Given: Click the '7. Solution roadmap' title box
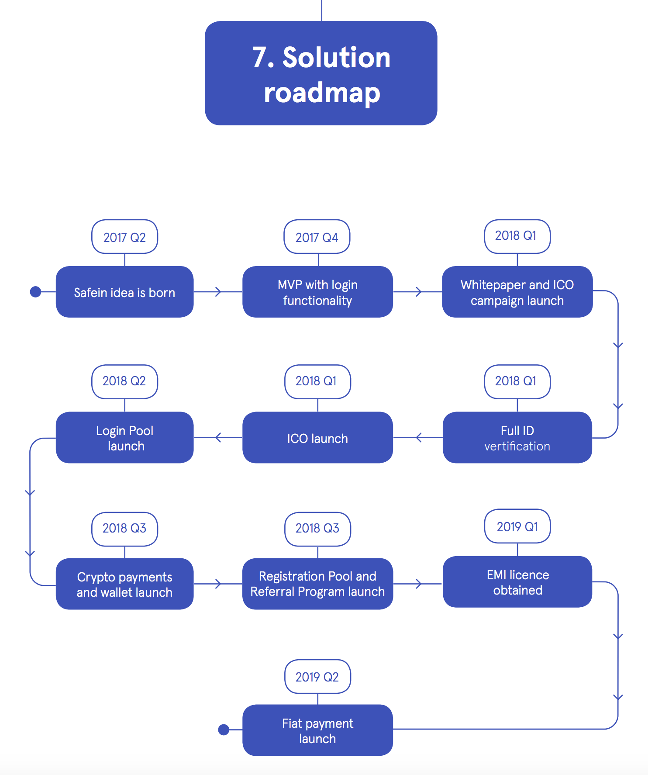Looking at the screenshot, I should pyautogui.click(x=321, y=73).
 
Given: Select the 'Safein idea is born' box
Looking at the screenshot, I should pyautogui.click(x=124, y=292).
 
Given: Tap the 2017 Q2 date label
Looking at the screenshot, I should pyautogui.click(x=124, y=237).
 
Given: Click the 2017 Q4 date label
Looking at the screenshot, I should pyautogui.click(x=317, y=237).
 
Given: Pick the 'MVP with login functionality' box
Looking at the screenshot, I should pyautogui.click(x=317, y=292).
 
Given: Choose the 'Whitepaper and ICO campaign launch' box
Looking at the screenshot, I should pyautogui.click(x=517, y=292).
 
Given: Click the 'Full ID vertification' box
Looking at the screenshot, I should pyautogui.click(x=517, y=438).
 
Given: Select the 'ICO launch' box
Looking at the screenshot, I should pyautogui.click(x=317, y=438).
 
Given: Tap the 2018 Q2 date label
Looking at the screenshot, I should pyautogui.click(x=124, y=381).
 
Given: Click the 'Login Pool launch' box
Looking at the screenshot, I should pyautogui.click(x=124, y=438).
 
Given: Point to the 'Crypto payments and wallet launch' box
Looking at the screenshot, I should pyautogui.click(x=124, y=584).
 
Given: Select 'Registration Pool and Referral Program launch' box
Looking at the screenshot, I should pyautogui.click(x=317, y=584).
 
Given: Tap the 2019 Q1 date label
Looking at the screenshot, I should pyautogui.click(x=517, y=526).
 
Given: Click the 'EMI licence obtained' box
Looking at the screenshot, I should pyautogui.click(x=517, y=582).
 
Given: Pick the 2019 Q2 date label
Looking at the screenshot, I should pyautogui.click(x=317, y=677).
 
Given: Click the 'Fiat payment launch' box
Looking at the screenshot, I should pyautogui.click(x=317, y=730).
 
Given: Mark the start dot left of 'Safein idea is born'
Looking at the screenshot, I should pyautogui.click(x=36, y=292).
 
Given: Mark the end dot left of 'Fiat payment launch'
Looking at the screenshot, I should pyautogui.click(x=224, y=730).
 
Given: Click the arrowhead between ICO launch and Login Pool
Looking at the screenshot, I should pyautogui.click(x=218, y=437).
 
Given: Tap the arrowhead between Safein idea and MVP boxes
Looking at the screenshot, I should pyautogui.click(x=219, y=292).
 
